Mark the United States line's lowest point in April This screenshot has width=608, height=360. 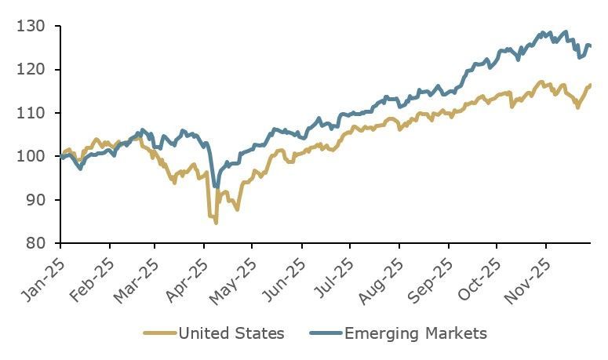tap(216, 223)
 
